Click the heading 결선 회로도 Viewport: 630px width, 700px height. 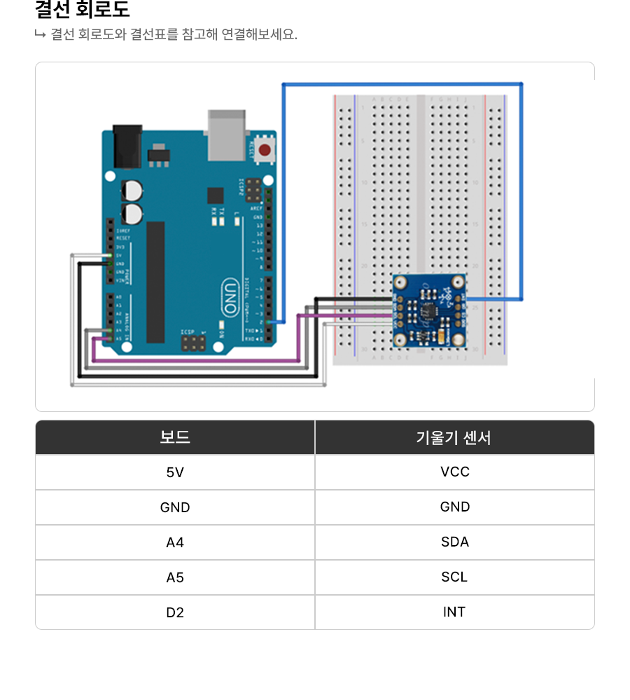[83, 10]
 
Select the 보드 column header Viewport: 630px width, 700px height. [175, 437]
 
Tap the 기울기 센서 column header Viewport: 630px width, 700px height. [454, 437]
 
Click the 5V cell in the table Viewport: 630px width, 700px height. [175, 472]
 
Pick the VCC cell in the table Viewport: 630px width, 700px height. [454, 472]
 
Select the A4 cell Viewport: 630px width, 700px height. [175, 542]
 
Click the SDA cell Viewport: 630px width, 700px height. [454, 542]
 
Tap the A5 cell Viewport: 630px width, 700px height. [175, 577]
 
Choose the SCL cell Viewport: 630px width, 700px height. [454, 577]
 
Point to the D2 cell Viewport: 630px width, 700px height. [175, 612]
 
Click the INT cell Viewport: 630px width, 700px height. [454, 612]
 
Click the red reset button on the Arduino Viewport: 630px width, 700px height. [265, 149]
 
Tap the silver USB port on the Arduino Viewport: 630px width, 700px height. [226, 134]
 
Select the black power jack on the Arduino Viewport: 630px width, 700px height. [125, 146]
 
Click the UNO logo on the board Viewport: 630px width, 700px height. [230, 294]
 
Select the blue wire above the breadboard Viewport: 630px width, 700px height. [402, 84]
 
